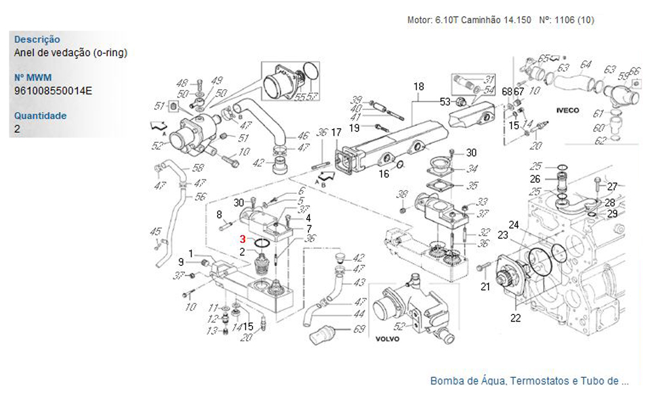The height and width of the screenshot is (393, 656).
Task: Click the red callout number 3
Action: click(243, 240)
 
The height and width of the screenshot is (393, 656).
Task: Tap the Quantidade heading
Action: click(41, 116)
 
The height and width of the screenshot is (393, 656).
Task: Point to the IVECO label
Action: click(567, 111)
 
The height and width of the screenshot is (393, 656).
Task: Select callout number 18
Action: click(419, 86)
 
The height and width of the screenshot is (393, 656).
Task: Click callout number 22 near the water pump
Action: click(516, 319)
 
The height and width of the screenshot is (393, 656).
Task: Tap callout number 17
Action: click(336, 132)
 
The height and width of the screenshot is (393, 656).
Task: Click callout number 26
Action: click(535, 178)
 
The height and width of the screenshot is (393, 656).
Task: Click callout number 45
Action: click(155, 231)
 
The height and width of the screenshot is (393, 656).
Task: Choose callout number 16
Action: click(384, 174)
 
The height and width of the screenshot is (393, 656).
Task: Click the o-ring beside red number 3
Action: click(261, 244)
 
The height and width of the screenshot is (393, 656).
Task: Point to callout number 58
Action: click(197, 168)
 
